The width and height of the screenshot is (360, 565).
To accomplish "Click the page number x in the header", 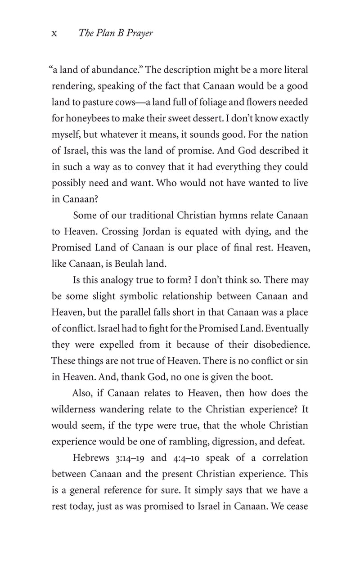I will (x=54, y=34).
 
